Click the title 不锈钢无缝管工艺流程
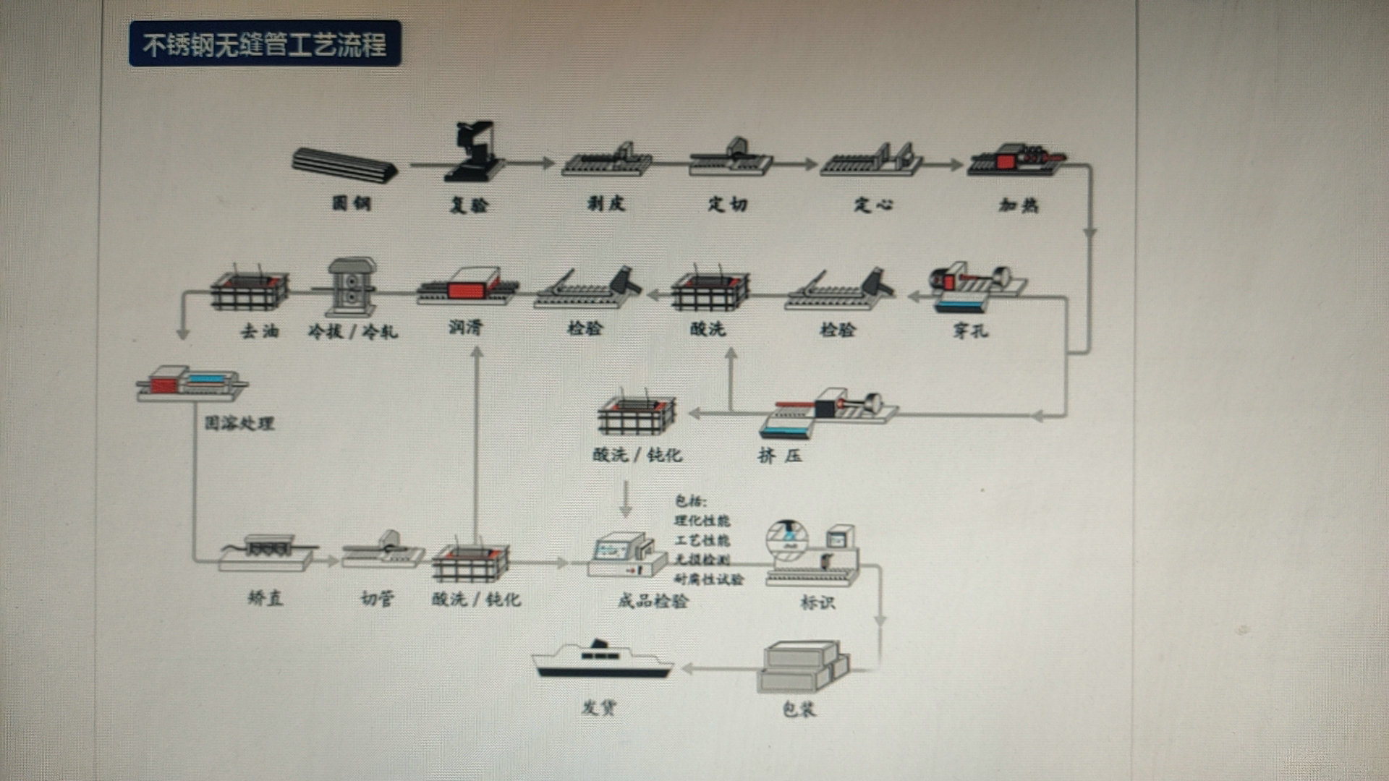[x=265, y=45]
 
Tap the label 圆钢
[x=352, y=203]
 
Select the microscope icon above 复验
[x=474, y=152]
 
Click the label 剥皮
[x=606, y=204]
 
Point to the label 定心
[x=873, y=205]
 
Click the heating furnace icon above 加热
[x=1016, y=159]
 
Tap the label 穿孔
[x=970, y=331]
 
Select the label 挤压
[x=780, y=456]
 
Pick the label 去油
[x=260, y=331]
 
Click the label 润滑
[x=465, y=328]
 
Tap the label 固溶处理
[x=239, y=423]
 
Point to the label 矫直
[x=266, y=598]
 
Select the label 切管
[x=378, y=598]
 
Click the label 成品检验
[x=653, y=601]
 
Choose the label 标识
[x=817, y=602]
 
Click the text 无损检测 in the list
[x=702, y=560]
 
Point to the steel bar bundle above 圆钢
[x=344, y=165]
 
